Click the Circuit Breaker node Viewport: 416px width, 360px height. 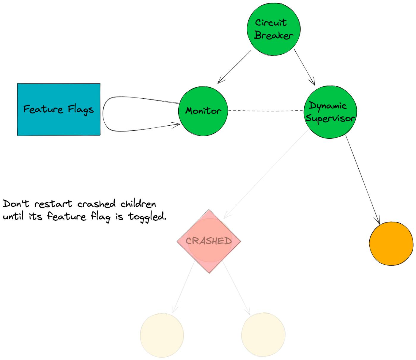coord(273,29)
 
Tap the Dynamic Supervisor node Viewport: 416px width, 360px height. coord(330,112)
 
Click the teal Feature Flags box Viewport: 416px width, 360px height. coord(59,109)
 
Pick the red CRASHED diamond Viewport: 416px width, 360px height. coord(209,241)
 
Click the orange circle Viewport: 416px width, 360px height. coord(391,243)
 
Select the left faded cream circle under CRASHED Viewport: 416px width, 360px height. coord(162,335)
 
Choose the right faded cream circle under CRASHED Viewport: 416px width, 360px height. coord(263,335)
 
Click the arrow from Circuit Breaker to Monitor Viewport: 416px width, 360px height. coord(234,67)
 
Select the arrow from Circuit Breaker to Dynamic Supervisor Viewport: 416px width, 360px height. coord(304,67)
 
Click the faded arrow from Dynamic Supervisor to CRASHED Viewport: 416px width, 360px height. coord(266,174)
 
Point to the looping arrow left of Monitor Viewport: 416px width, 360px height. coord(104,114)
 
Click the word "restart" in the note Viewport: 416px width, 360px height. coord(53,204)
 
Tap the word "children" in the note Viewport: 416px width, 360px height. coord(138,204)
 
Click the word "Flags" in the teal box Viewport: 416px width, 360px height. coord(81,110)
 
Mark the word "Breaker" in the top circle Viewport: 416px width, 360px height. coord(273,35)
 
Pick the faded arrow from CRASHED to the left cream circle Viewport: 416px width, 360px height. coord(183,287)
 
